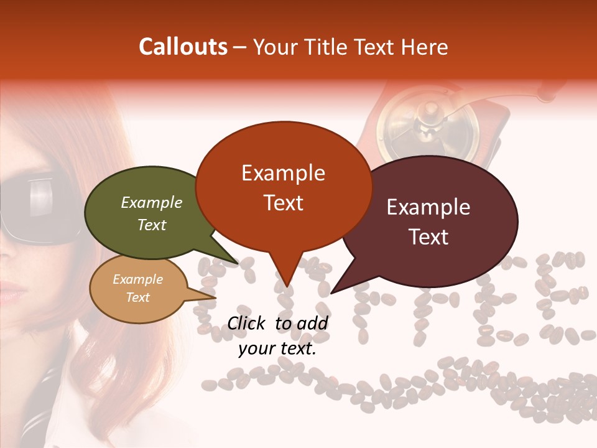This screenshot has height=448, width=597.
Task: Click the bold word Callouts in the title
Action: pyautogui.click(x=183, y=47)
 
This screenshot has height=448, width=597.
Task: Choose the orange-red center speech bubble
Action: pyautogui.click(x=283, y=187)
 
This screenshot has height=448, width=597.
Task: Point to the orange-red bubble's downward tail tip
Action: pyautogui.click(x=285, y=286)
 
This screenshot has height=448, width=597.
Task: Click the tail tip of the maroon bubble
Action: pyautogui.click(x=331, y=292)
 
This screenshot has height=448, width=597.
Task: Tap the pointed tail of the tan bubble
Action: pyautogui.click(x=214, y=297)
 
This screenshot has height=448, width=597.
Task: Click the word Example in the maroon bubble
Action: pyautogui.click(x=428, y=207)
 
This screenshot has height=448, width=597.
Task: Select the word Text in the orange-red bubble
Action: pyautogui.click(x=284, y=203)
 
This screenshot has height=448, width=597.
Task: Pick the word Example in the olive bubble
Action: pyautogui.click(x=151, y=202)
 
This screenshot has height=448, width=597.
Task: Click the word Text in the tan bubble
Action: pyautogui.click(x=137, y=297)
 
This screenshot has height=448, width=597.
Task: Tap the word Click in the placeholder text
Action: pyautogui.click(x=247, y=323)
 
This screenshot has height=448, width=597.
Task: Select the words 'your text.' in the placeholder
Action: pyautogui.click(x=277, y=349)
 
